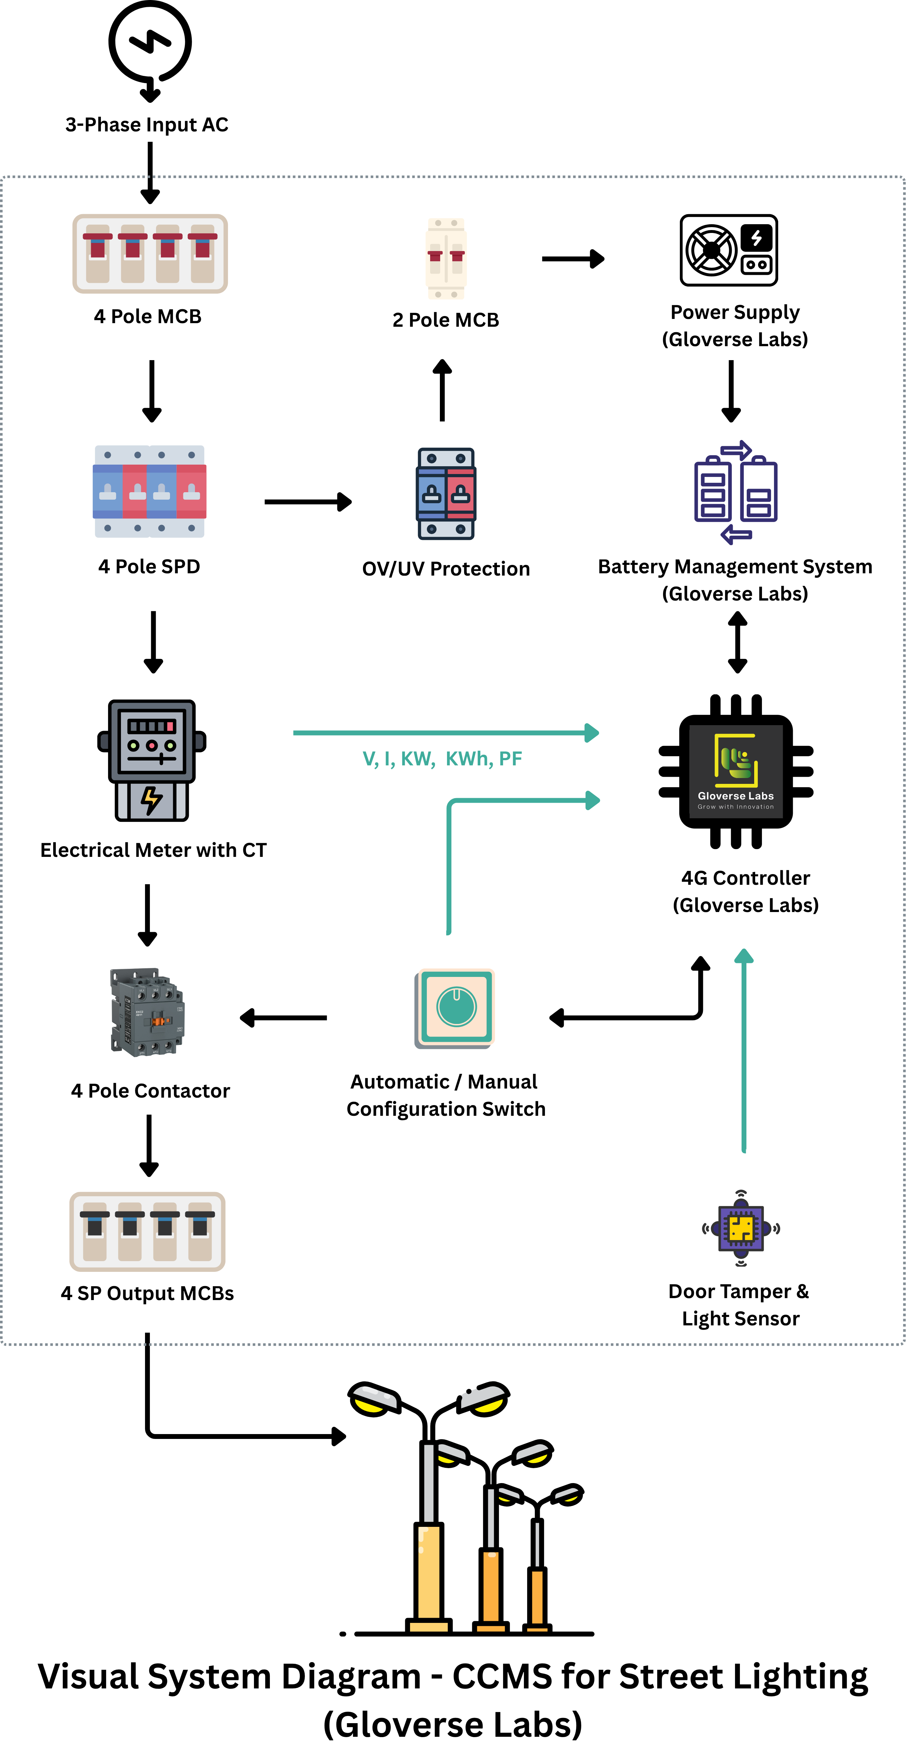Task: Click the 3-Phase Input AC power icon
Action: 150,44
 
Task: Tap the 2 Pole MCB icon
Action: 445,259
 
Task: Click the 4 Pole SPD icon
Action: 150,491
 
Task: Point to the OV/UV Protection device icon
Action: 445,493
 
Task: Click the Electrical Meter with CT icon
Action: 152,760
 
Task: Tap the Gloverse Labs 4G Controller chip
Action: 736,771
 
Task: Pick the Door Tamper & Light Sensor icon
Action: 741,1228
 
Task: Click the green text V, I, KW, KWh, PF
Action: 442,759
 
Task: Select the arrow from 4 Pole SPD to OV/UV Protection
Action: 308,502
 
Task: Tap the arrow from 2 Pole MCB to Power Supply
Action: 573,259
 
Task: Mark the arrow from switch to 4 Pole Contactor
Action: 284,1018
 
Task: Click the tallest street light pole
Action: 429,1531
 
